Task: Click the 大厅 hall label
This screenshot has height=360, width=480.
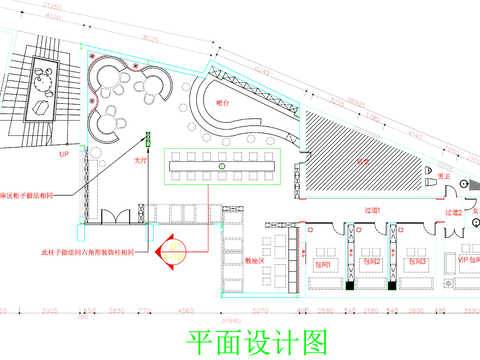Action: (x=142, y=158)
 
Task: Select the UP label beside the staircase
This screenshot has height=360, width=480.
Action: (x=63, y=156)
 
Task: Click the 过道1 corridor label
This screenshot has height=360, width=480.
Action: (x=372, y=208)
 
